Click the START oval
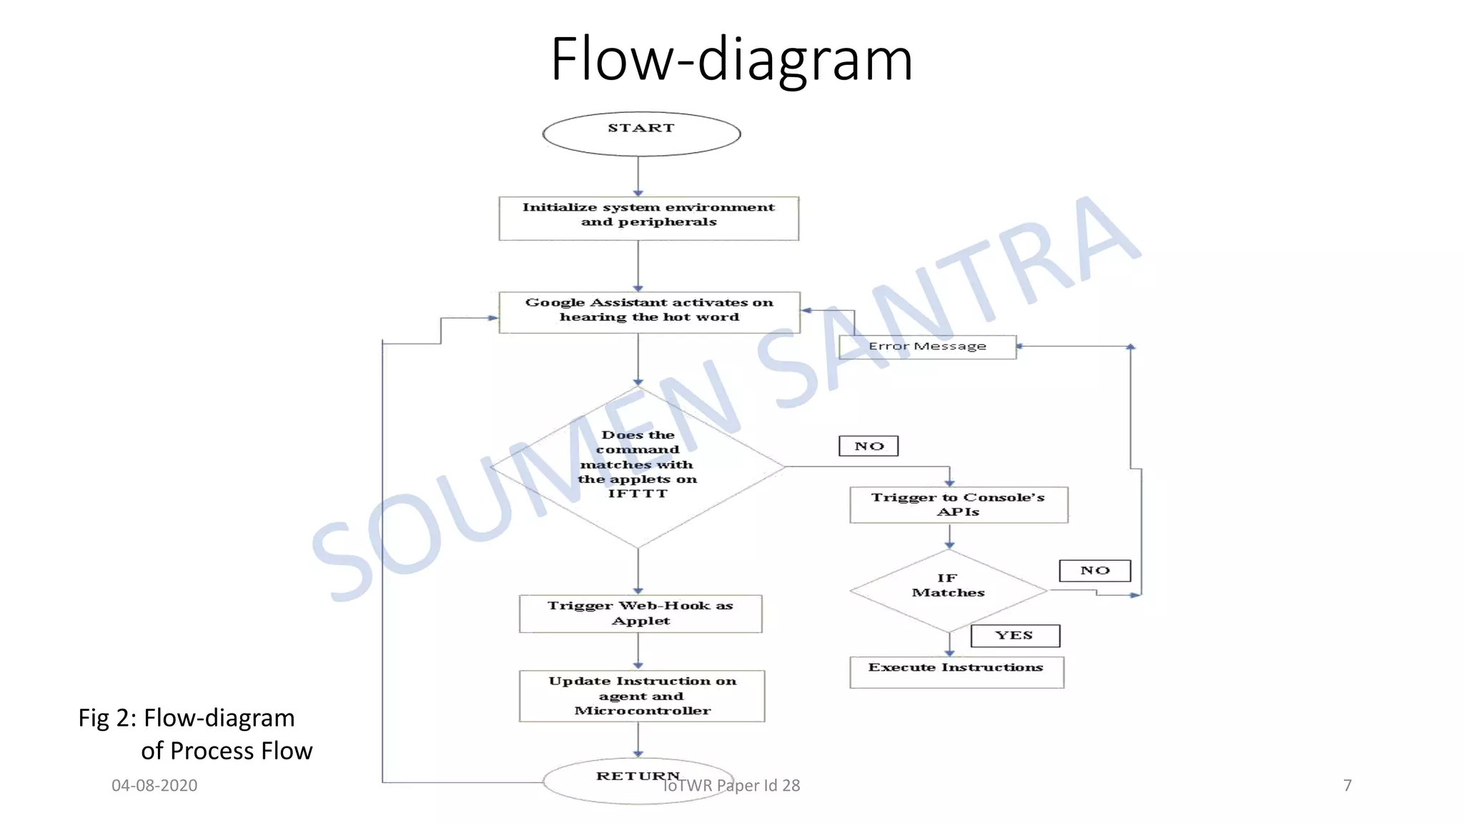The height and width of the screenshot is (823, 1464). pos(641,134)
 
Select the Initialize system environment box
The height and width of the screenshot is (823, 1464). pos(648,218)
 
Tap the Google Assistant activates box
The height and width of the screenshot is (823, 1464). pos(649,312)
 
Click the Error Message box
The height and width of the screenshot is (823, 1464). pos(927,346)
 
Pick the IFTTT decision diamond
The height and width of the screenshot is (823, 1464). pos(638,466)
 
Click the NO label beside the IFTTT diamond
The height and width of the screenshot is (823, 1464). pos(869,446)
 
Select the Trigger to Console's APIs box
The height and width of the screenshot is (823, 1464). pos(958,504)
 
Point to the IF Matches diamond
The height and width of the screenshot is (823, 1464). pos(949,590)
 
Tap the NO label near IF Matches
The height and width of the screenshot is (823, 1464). pos(1094,570)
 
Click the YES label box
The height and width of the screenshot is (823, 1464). pos(1014,635)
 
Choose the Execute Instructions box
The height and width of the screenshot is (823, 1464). pos(956,672)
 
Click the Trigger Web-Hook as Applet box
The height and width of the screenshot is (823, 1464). pos(640,613)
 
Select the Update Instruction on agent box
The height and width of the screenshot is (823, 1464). pos(642,695)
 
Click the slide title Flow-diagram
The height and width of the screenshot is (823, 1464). pos(731,59)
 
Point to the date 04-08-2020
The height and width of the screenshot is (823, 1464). pos(154,785)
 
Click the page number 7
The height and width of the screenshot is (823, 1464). pos(1347,785)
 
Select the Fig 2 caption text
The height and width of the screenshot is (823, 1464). pos(194,734)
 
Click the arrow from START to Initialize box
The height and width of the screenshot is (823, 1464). pos(638,176)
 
